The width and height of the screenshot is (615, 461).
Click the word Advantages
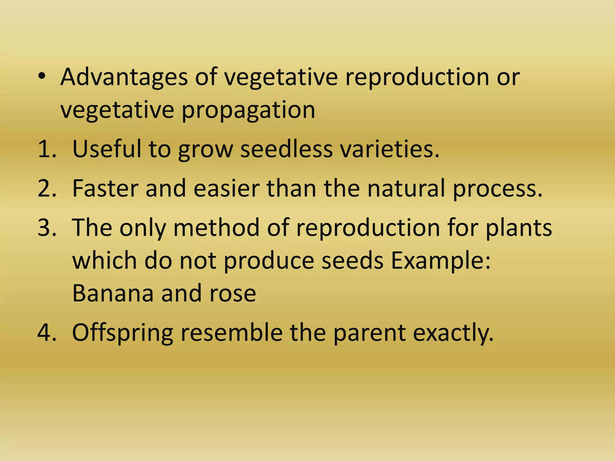pyautogui.click(x=124, y=77)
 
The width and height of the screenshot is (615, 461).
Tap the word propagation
pyautogui.click(x=248, y=110)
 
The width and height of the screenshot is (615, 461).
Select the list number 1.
pyautogui.click(x=47, y=149)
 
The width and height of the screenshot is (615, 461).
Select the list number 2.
pyautogui.click(x=47, y=188)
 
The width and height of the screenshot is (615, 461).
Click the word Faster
pyautogui.click(x=105, y=188)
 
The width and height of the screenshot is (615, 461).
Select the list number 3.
pyautogui.click(x=47, y=227)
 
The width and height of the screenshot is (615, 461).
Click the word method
pyautogui.click(x=216, y=227)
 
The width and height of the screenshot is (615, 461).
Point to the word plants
pyautogui.click(x=519, y=227)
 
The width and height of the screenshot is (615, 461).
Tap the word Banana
pyautogui.click(x=113, y=293)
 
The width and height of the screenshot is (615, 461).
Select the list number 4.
pyautogui.click(x=47, y=333)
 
